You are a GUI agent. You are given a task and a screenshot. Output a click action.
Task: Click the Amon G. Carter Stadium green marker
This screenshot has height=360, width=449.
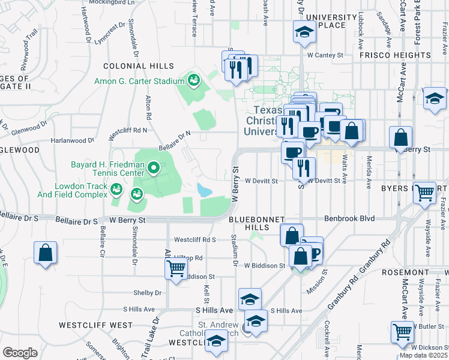point(193,79)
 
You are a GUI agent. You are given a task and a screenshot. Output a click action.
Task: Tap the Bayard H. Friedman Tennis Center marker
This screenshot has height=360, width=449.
point(154,168)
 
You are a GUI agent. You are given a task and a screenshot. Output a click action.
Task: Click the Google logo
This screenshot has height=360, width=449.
point(20,352)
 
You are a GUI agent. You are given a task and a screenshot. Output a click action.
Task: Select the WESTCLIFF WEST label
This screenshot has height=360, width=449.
point(95,325)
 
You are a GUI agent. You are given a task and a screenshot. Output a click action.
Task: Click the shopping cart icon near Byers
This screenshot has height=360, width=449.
point(424,193)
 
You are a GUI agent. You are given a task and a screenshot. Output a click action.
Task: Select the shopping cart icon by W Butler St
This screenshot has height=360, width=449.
point(402,331)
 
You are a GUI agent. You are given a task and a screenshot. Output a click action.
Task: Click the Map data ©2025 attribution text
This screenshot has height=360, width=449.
point(423,355)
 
